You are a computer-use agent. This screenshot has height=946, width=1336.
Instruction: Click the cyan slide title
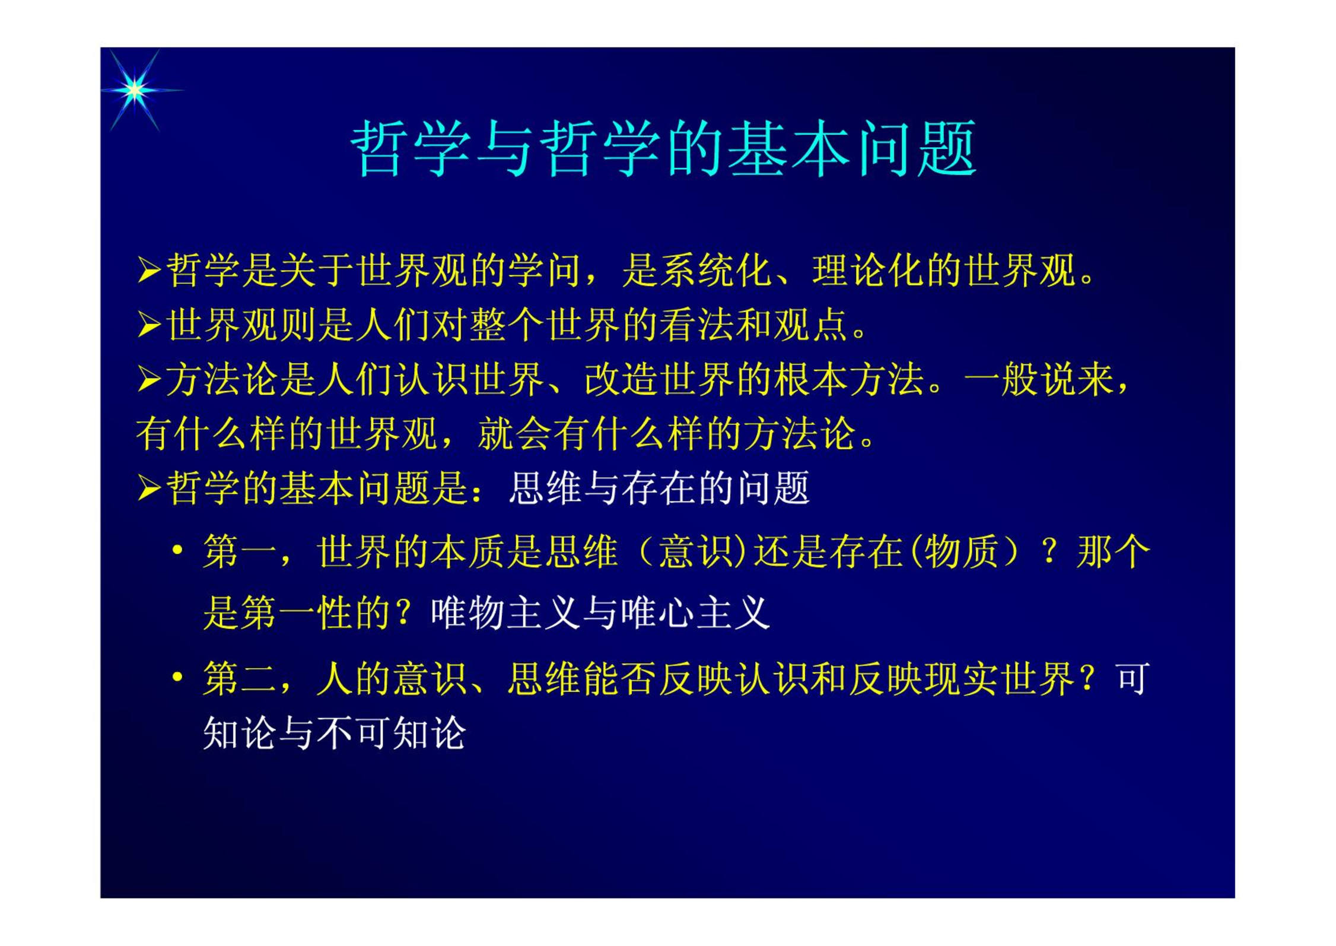click(663, 148)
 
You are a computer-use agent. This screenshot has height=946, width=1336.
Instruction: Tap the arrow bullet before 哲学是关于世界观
click(149, 271)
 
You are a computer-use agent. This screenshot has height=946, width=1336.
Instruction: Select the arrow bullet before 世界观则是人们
click(149, 325)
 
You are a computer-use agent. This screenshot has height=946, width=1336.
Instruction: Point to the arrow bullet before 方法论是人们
click(149, 380)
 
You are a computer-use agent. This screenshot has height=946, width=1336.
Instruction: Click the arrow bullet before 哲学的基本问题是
click(149, 488)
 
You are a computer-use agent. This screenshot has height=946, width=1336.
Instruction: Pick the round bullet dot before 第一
click(177, 550)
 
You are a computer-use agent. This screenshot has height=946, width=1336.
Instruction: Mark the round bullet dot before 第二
click(177, 677)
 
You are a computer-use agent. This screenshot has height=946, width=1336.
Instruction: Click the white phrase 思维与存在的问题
click(659, 488)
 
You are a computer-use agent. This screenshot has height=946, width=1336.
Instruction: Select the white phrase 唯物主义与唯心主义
click(600, 612)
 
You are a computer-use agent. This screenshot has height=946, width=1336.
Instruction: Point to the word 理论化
click(869, 271)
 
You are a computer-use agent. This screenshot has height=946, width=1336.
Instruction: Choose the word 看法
click(698, 325)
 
